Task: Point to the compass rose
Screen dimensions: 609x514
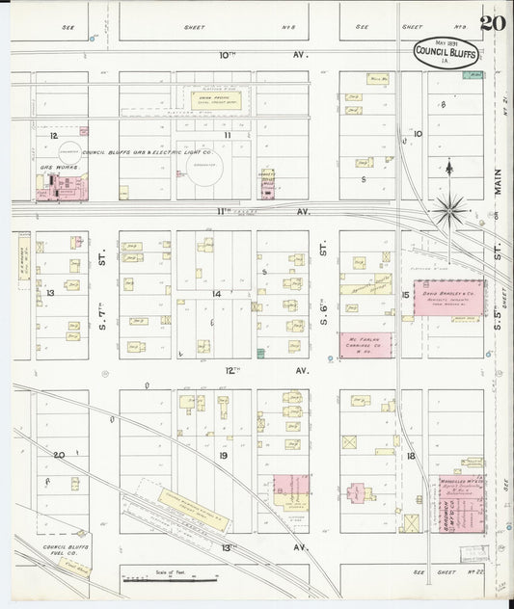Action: pyautogui.click(x=450, y=204)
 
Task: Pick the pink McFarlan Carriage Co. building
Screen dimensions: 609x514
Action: pyautogui.click(x=365, y=345)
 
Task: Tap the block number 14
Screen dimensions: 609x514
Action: pyautogui.click(x=217, y=293)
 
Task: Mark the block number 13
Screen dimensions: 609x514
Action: pyautogui.click(x=50, y=291)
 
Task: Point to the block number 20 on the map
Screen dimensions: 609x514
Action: pyautogui.click(x=59, y=454)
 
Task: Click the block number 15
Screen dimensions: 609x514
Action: pyautogui.click(x=406, y=293)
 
